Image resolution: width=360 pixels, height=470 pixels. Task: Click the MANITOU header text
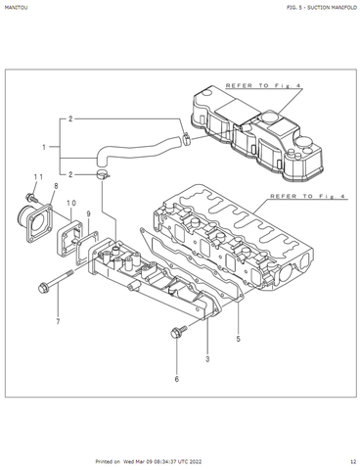(16, 7)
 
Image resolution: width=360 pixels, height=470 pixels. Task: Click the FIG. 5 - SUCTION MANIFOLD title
(322, 7)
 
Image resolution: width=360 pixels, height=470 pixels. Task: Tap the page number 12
(353, 461)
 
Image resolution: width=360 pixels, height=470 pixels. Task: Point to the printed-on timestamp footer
(149, 461)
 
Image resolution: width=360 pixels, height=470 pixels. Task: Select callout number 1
(44, 147)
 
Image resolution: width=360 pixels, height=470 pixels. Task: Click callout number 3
(207, 359)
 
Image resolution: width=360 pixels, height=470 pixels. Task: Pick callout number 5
(238, 339)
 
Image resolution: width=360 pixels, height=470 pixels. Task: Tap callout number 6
(177, 379)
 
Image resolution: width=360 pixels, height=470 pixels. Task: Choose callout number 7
(58, 321)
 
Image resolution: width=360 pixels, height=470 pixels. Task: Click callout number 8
(56, 186)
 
